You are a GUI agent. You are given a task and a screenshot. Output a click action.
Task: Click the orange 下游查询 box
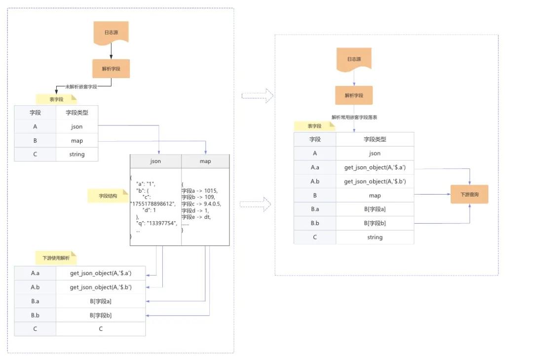[x=469, y=195]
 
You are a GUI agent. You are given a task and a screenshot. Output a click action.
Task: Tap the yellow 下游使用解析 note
[x=56, y=257]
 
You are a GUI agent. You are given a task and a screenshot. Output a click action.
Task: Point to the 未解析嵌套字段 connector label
[x=81, y=86]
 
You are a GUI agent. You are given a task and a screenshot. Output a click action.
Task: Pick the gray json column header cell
[x=155, y=161]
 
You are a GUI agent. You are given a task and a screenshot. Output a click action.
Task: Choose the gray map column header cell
[x=205, y=161]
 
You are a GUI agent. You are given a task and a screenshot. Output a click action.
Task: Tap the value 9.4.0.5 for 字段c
[x=210, y=203]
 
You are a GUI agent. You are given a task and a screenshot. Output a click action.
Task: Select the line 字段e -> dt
[x=196, y=217]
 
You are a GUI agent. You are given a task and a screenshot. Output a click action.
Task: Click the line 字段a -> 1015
[x=199, y=190]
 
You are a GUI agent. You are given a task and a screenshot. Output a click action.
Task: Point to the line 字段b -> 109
[x=197, y=197]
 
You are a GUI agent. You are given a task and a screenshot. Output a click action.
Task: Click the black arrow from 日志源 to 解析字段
[x=111, y=50]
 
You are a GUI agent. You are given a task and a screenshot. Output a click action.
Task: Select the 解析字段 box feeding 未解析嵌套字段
[x=111, y=69]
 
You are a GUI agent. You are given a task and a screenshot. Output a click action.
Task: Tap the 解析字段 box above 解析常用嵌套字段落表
[x=354, y=95]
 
